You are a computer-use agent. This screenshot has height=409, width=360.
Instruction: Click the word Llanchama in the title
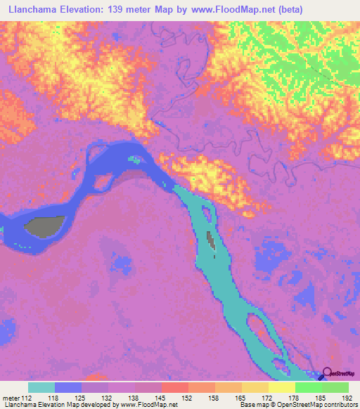coord(32,9)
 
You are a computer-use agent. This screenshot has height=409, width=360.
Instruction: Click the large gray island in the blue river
coord(44,226)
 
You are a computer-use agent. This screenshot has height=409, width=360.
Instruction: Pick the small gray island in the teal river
coord(210,240)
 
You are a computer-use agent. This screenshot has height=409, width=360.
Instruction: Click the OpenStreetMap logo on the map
coord(337,374)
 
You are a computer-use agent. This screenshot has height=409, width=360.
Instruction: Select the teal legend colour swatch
coord(41,387)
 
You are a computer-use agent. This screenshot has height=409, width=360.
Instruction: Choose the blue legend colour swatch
coord(68,387)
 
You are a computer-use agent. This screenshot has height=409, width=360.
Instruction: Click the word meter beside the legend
coord(10,398)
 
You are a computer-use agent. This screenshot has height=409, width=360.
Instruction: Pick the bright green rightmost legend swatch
coord(335,387)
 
